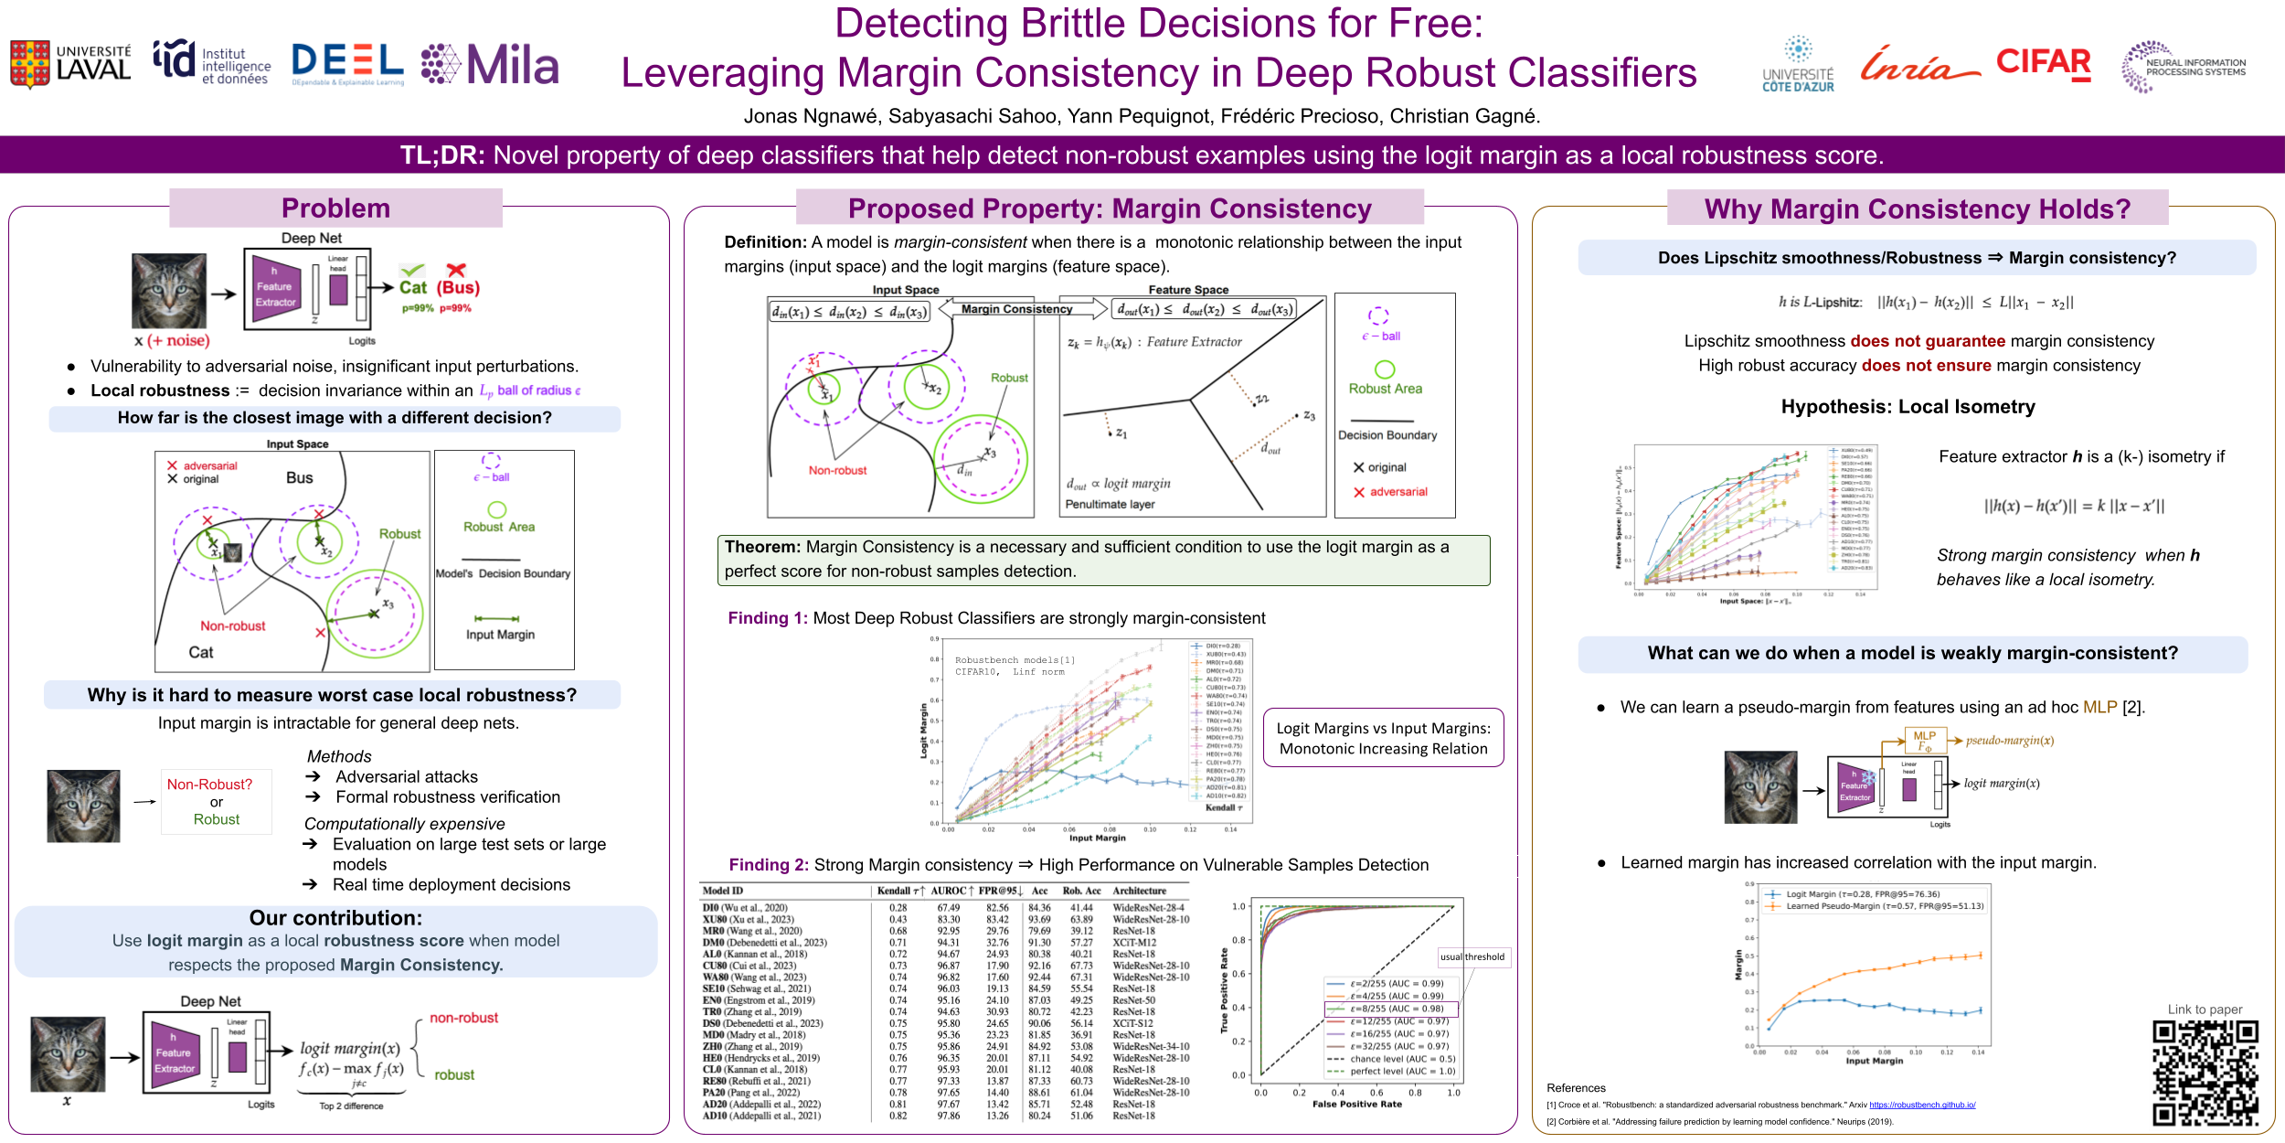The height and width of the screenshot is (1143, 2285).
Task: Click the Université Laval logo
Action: (x=70, y=64)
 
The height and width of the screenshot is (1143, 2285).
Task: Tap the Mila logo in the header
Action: (x=490, y=65)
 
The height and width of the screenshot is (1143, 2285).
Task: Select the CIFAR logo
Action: (x=2043, y=63)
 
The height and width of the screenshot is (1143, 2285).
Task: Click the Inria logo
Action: (x=1918, y=64)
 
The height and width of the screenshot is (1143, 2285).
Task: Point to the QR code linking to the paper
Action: (x=2205, y=1072)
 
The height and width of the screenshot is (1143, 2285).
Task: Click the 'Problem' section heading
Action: (x=335, y=208)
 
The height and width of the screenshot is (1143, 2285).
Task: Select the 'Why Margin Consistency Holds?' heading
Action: (x=1917, y=209)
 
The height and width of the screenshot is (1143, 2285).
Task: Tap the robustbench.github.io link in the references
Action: (x=1922, y=1105)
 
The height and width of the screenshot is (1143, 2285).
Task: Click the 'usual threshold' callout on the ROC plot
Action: (x=1472, y=956)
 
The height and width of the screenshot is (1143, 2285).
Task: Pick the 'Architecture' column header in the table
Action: (x=1139, y=891)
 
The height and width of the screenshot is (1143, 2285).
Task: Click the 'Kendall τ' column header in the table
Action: (x=900, y=891)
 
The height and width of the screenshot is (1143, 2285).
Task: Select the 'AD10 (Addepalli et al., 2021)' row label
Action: (x=760, y=1116)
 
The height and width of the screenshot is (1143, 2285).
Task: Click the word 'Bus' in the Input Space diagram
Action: (x=299, y=477)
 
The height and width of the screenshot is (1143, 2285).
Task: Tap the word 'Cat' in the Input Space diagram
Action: (x=201, y=652)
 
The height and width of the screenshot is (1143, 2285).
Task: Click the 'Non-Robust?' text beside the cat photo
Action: (x=209, y=785)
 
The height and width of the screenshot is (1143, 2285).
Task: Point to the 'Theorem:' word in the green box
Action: (x=761, y=547)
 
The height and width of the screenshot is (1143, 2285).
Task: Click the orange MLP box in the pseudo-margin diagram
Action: (x=1924, y=740)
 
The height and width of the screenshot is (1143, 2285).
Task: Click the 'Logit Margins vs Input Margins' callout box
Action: (x=1383, y=738)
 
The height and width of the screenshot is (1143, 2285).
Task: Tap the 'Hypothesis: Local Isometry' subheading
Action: (x=1908, y=407)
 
